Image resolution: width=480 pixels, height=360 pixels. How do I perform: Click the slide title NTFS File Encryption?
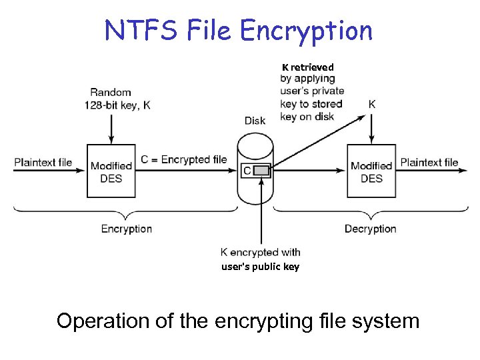pos(239,31)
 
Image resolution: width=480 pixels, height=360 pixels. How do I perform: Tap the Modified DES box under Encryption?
pos(111,171)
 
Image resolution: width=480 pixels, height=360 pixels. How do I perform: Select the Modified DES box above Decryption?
pos(371,171)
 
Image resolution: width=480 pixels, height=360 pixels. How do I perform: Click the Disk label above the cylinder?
pos(255,121)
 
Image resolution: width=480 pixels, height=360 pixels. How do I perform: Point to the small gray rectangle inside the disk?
pos(263,171)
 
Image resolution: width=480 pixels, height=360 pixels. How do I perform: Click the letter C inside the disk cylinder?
pos(247,171)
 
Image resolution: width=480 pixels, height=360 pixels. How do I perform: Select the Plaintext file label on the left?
pos(43,162)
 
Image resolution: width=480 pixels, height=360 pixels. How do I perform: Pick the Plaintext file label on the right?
pos(429,162)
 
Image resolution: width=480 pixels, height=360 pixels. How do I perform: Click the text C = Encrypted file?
pos(184,159)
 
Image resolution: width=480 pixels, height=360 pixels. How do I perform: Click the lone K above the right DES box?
pos(371,104)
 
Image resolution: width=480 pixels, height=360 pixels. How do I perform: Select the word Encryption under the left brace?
pos(127,229)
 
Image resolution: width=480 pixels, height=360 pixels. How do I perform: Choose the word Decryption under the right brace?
pos(371,229)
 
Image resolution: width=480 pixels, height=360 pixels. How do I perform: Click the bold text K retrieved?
pos(307,67)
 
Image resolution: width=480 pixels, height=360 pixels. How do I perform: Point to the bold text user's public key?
pos(261,267)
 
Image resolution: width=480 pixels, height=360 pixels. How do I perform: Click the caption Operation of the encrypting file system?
pos(238,321)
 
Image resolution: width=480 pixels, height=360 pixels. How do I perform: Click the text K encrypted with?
pos(261,252)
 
